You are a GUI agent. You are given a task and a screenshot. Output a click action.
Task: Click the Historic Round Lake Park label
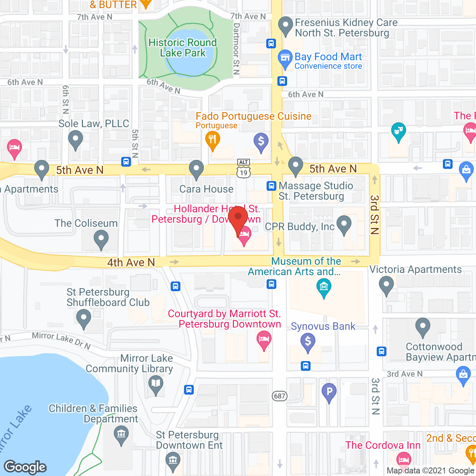182,48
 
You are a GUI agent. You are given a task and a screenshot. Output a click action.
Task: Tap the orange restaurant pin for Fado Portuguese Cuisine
213,140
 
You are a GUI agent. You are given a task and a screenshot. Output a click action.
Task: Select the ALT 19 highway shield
244,169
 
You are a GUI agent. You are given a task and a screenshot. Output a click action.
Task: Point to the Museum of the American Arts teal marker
324,287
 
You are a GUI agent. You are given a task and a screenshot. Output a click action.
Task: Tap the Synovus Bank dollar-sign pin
308,341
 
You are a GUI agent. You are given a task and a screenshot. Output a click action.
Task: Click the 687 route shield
280,396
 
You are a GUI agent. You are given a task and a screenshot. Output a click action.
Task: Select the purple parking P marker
329,392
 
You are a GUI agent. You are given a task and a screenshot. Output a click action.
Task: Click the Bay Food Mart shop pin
285,58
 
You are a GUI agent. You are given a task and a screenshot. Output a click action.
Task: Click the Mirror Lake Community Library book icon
156,384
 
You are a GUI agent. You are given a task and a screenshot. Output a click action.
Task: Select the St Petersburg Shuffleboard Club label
108,297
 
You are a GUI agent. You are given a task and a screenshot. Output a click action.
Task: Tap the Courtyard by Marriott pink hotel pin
264,340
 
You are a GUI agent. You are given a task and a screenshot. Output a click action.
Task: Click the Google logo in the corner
25,467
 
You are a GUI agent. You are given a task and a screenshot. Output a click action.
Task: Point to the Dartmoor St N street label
236,49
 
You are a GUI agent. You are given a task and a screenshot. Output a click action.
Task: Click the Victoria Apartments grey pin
386,286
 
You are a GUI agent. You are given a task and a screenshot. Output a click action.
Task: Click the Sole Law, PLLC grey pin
75,140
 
